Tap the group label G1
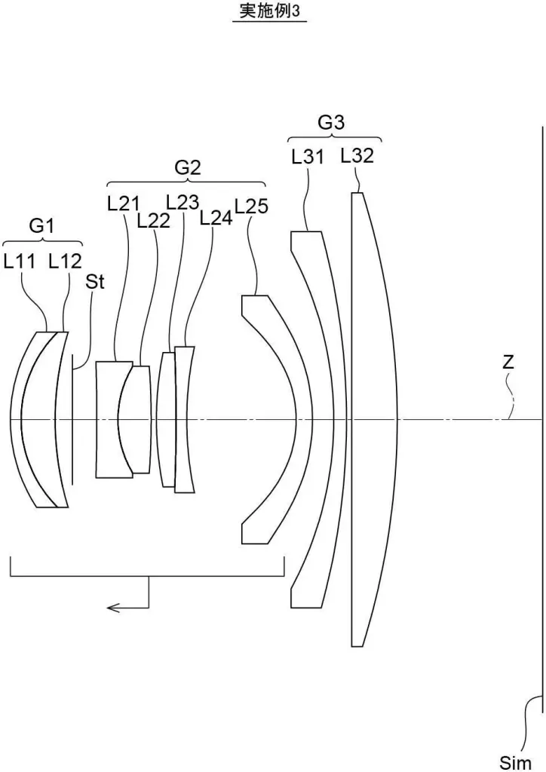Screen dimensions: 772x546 pyautogui.click(x=42, y=225)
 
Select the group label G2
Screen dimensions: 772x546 pyautogui.click(x=187, y=168)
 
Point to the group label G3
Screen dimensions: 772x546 pyautogui.click(x=331, y=123)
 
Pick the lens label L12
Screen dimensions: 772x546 pyautogui.click(x=65, y=262)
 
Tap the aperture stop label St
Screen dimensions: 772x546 pyautogui.click(x=94, y=283)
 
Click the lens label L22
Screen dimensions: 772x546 pyautogui.click(x=153, y=219)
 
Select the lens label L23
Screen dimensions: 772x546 pyautogui.click(x=183, y=201)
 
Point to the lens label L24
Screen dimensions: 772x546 pyautogui.click(x=216, y=218)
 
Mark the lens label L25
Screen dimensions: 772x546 pyautogui.click(x=251, y=205)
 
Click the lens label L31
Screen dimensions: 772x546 pyautogui.click(x=308, y=157)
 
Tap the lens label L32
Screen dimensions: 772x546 pyautogui.click(x=357, y=156)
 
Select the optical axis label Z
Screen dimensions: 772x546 pyautogui.click(x=508, y=362)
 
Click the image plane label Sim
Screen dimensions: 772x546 pyautogui.click(x=516, y=761)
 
